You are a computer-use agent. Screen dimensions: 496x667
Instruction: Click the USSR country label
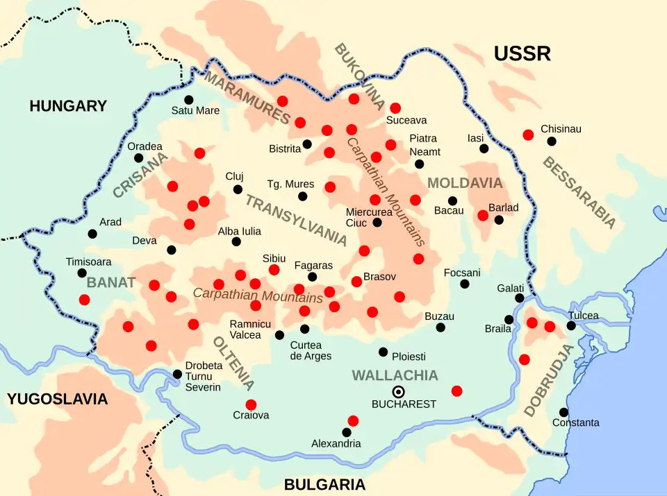click(522, 53)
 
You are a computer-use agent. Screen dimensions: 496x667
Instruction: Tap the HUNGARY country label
click(68, 106)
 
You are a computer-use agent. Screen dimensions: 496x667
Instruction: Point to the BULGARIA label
click(324, 484)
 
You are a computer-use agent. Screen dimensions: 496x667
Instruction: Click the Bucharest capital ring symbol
click(399, 391)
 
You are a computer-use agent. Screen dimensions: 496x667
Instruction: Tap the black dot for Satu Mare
click(188, 100)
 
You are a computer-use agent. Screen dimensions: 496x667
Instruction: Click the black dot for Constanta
click(563, 412)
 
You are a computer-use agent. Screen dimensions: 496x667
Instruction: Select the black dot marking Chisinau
click(552, 142)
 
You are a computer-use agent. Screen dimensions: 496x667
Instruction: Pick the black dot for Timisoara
click(82, 273)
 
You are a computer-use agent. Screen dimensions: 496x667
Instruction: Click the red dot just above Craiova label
click(251, 404)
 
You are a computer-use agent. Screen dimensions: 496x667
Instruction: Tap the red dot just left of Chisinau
click(528, 135)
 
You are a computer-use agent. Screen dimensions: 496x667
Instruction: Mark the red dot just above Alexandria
click(353, 420)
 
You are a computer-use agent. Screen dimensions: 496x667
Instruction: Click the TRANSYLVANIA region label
click(295, 221)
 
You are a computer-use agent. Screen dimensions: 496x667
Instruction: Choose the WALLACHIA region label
click(395, 375)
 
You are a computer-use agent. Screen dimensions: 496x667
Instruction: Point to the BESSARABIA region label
click(578, 192)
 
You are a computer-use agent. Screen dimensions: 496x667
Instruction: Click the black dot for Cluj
click(238, 189)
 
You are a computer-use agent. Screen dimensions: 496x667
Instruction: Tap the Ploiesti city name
click(409, 357)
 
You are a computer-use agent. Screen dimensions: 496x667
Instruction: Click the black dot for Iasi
click(484, 148)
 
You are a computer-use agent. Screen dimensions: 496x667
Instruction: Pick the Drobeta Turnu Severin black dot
click(177, 374)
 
